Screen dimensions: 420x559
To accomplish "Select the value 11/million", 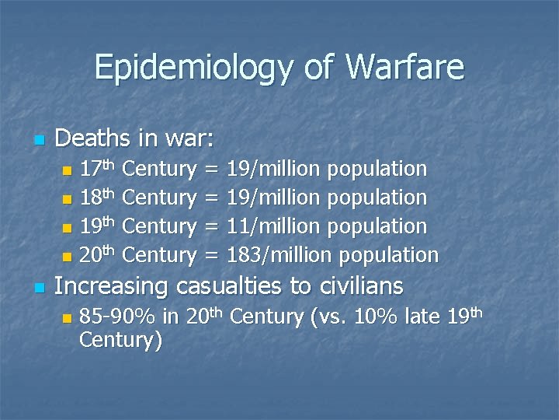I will tap(272, 226).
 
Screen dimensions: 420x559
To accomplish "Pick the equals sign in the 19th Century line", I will tap(210, 227).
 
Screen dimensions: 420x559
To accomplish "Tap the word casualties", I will tap(230, 286).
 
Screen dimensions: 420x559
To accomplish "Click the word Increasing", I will tap(111, 286).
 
